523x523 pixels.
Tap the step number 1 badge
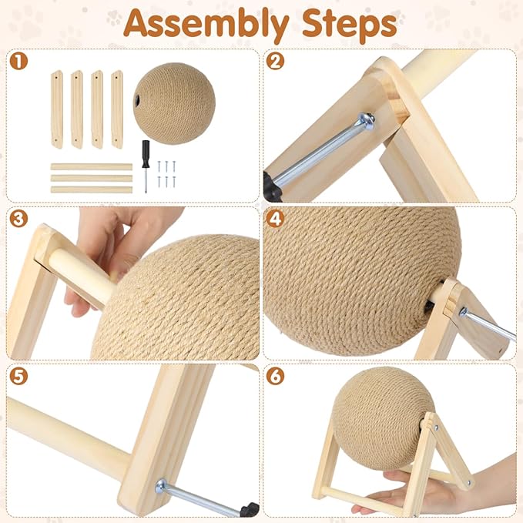[x=18, y=61]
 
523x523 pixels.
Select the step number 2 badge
[x=275, y=61]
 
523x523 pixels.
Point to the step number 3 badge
[x=18, y=219]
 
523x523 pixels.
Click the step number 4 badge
[x=275, y=219]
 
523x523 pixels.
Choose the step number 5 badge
[x=18, y=376]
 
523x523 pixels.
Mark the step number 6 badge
[x=275, y=376]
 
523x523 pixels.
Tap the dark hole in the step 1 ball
[x=137, y=99]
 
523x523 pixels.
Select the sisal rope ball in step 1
[x=174, y=103]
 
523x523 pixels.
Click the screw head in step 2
[x=366, y=121]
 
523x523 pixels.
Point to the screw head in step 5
[x=162, y=486]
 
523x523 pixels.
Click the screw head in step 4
[x=463, y=312]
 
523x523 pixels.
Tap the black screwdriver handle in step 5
[x=249, y=509]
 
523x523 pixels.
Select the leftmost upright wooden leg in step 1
[x=57, y=109]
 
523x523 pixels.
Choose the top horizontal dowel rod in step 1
[x=92, y=167]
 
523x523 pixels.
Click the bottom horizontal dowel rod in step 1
[x=92, y=189]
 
